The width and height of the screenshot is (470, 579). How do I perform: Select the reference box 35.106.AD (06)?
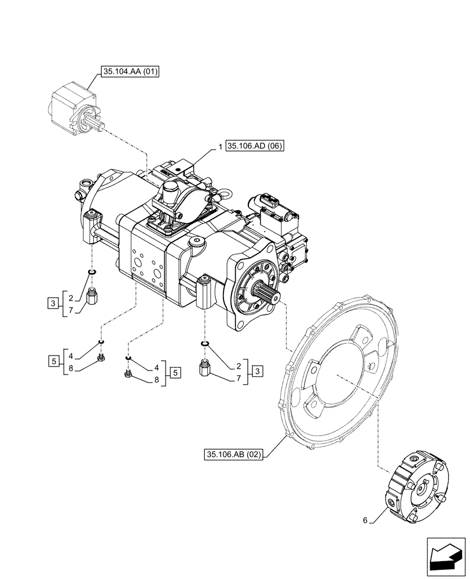point(255,146)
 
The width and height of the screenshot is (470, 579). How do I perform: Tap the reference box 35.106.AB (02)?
point(234,455)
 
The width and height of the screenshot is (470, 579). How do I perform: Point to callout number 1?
point(221,146)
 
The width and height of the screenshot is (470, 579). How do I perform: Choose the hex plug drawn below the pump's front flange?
point(204,368)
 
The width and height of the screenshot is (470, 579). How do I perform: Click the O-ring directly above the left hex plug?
point(91,272)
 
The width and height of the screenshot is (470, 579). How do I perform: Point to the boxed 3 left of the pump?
point(53,302)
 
